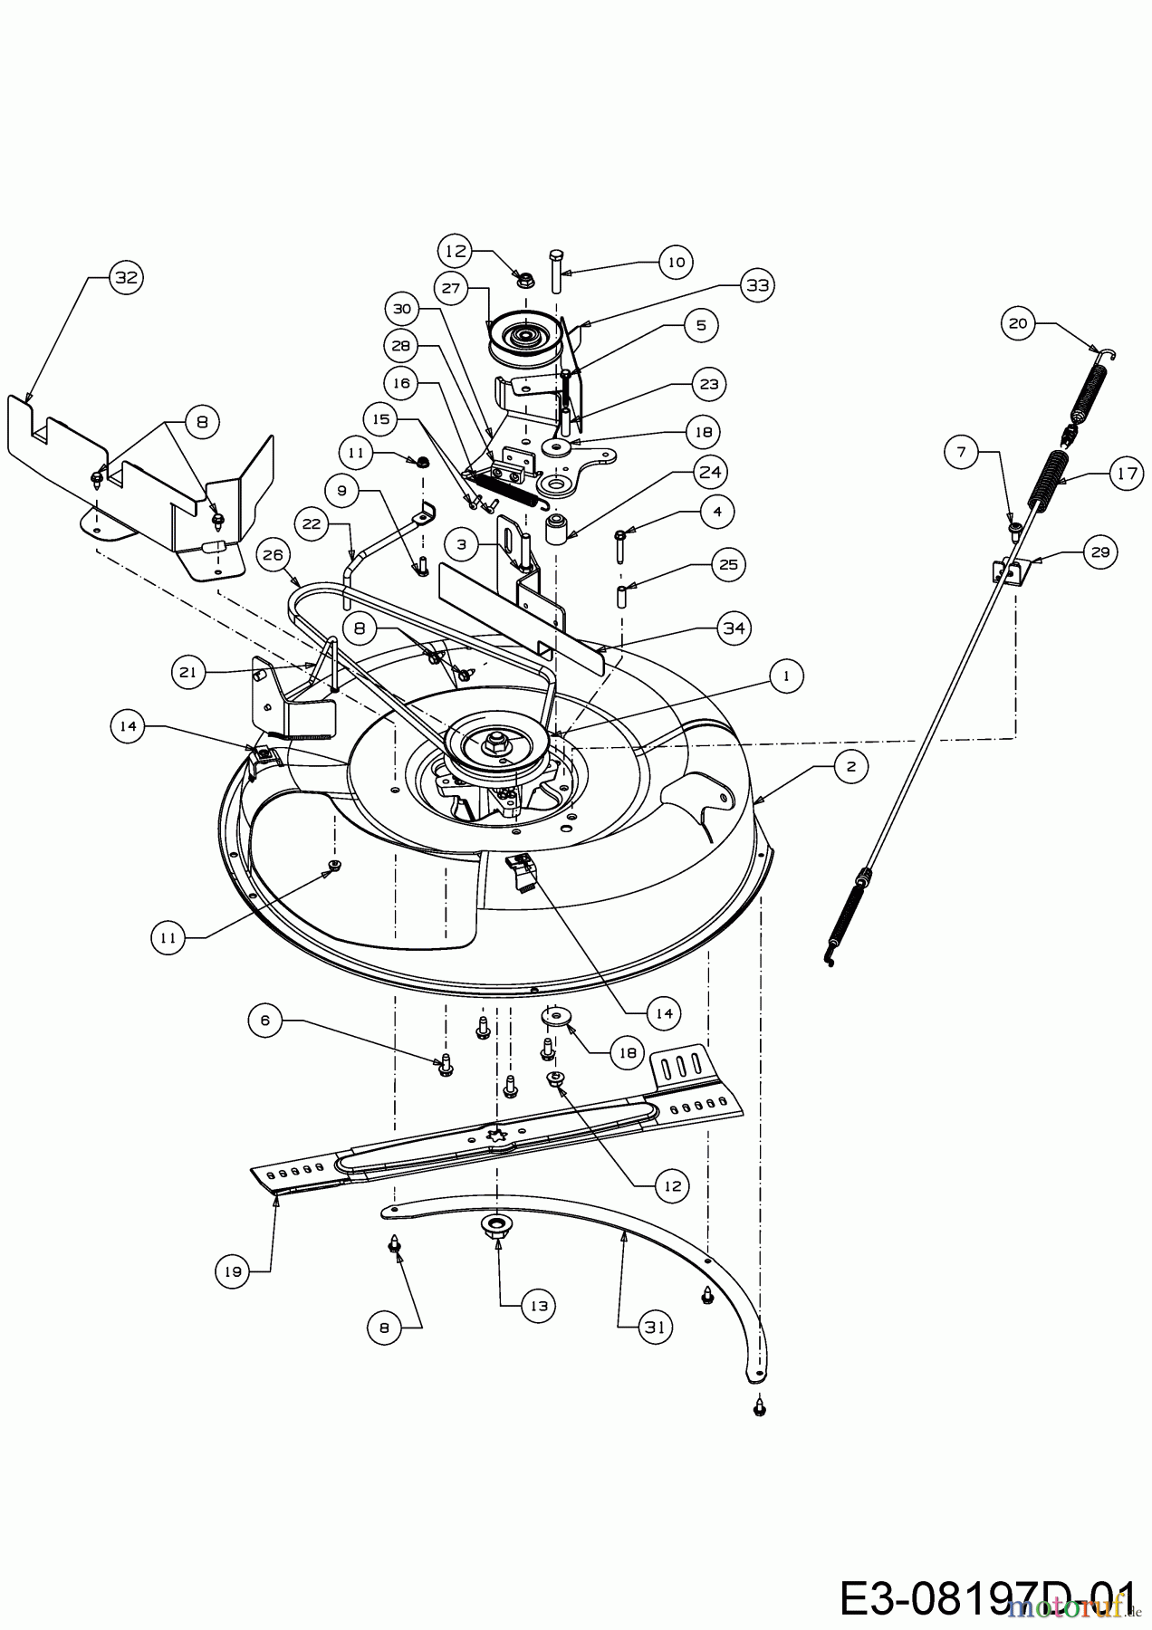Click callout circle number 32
click(127, 278)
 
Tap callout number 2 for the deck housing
click(850, 767)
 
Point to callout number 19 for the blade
click(234, 1271)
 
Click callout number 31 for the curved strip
click(656, 1328)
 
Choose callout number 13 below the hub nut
click(540, 1306)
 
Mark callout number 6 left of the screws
click(265, 1020)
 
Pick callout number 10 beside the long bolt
click(675, 262)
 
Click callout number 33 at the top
click(757, 284)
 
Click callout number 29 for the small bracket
click(1101, 551)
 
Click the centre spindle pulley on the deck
click(495, 744)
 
